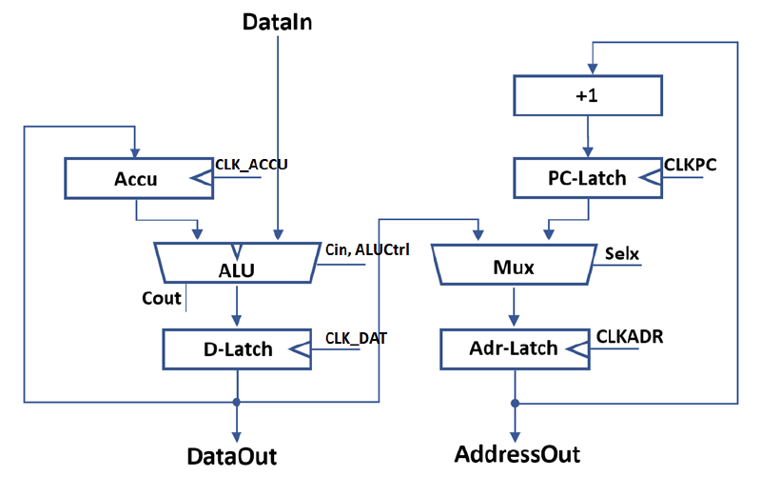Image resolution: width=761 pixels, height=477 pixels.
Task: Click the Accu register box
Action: pyautogui.click(x=136, y=176)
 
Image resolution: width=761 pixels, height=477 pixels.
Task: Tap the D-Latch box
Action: pyautogui.click(x=238, y=348)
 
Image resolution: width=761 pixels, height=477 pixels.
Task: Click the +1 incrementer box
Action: pyautogui.click(x=586, y=96)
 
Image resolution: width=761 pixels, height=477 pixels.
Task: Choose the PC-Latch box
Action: pyautogui.click(x=586, y=177)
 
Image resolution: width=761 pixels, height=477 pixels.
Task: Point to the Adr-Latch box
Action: pyautogui.click(x=515, y=348)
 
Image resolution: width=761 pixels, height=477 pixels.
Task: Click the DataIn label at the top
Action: pyautogui.click(x=277, y=20)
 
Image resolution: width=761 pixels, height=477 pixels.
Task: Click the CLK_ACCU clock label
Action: pyautogui.click(x=251, y=164)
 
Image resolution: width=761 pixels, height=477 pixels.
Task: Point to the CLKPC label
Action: pyautogui.click(x=691, y=164)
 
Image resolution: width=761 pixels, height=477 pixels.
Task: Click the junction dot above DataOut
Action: pyautogui.click(x=237, y=402)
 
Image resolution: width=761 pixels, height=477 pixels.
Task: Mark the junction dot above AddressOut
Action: pyautogui.click(x=515, y=402)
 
